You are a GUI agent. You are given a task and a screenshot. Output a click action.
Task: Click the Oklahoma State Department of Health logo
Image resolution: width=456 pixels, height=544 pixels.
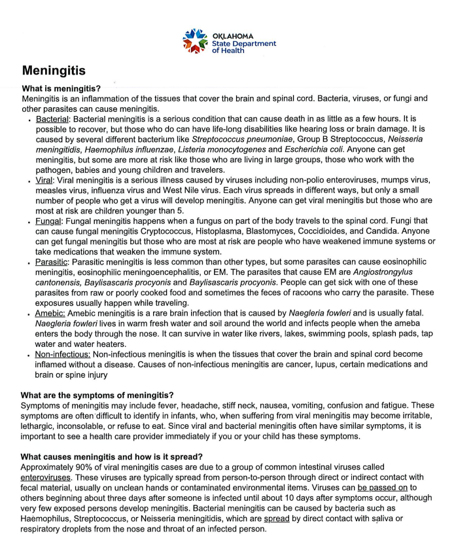[x=228, y=41]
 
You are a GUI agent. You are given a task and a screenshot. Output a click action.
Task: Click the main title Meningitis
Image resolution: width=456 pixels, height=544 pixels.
[x=54, y=70]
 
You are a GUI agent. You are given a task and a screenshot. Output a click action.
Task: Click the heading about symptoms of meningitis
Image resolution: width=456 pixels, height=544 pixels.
[x=97, y=395]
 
